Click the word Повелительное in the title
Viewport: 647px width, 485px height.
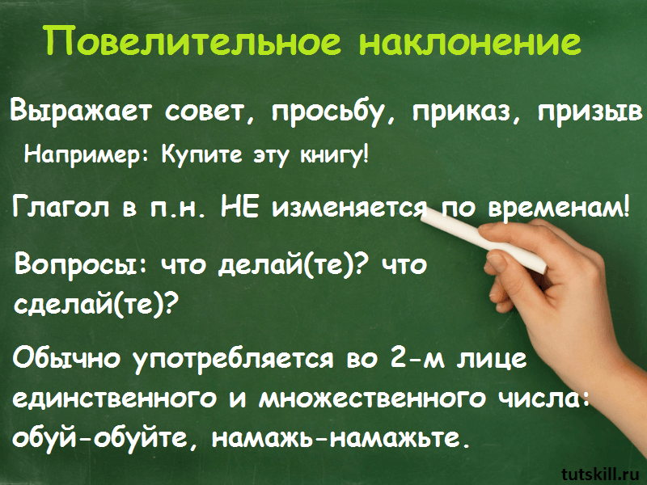[x=193, y=41]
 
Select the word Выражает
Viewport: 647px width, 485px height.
[x=81, y=112]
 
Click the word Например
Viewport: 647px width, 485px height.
[x=85, y=156]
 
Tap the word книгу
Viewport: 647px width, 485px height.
[x=333, y=156]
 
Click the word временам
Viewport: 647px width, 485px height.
[x=560, y=206]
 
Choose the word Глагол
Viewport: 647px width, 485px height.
[x=61, y=205]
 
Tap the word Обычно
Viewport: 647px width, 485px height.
[x=66, y=357]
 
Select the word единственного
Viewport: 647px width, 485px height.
[x=114, y=398]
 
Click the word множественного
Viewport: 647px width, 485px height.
[x=371, y=398]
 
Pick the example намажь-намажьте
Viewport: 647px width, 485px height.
[x=340, y=438]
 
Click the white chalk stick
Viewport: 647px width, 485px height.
[x=483, y=239]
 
